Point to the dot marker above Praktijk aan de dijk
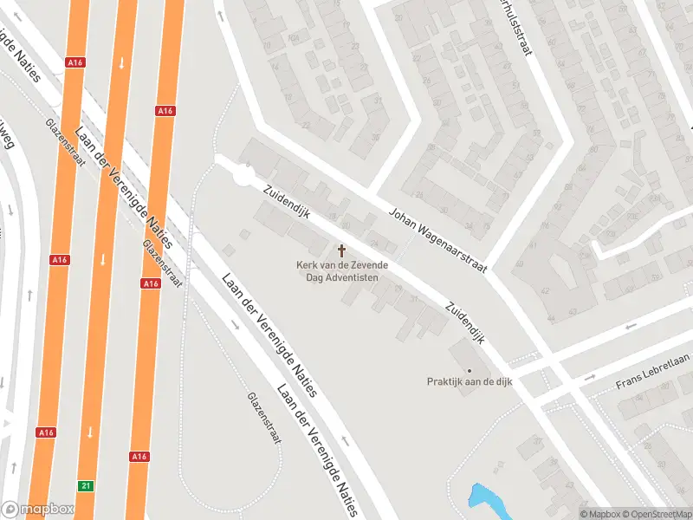pos(469,370)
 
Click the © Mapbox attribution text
pos(598,514)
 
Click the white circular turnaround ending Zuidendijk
pos(243,176)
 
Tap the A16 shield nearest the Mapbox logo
pos(46,432)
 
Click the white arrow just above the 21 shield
pos(89,431)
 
